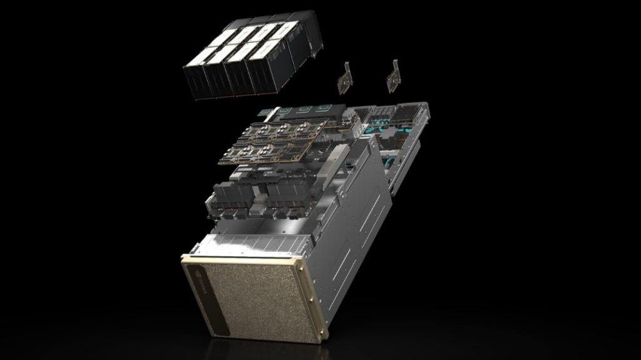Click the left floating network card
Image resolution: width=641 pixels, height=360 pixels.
pos(345,81)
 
